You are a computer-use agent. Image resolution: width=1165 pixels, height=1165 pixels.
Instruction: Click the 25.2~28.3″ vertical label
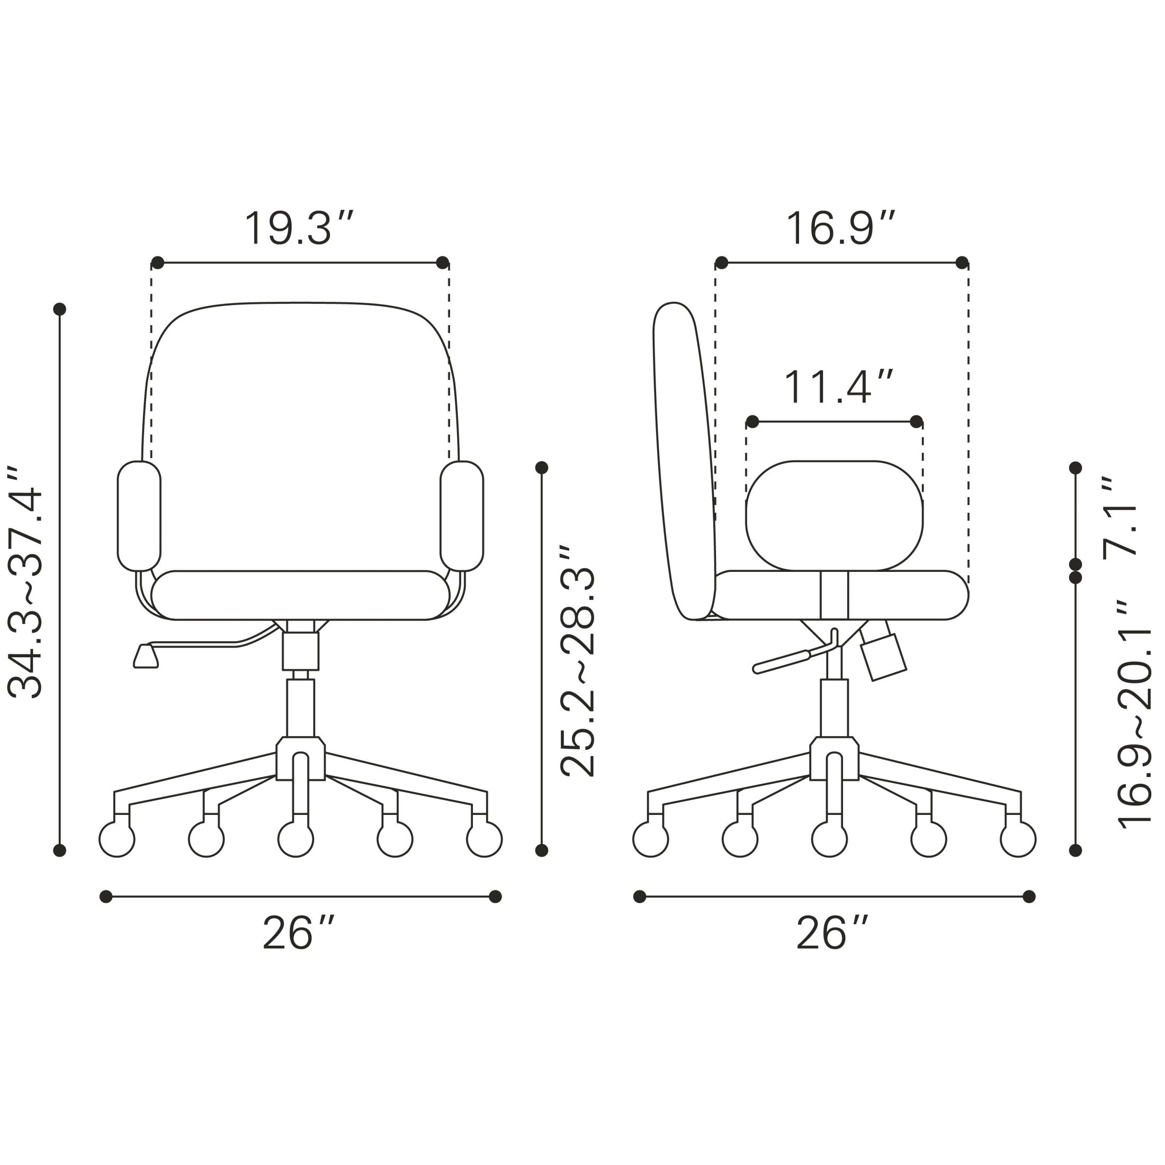(x=577, y=661)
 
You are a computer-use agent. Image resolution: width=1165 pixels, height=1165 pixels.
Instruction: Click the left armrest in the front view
(x=139, y=516)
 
